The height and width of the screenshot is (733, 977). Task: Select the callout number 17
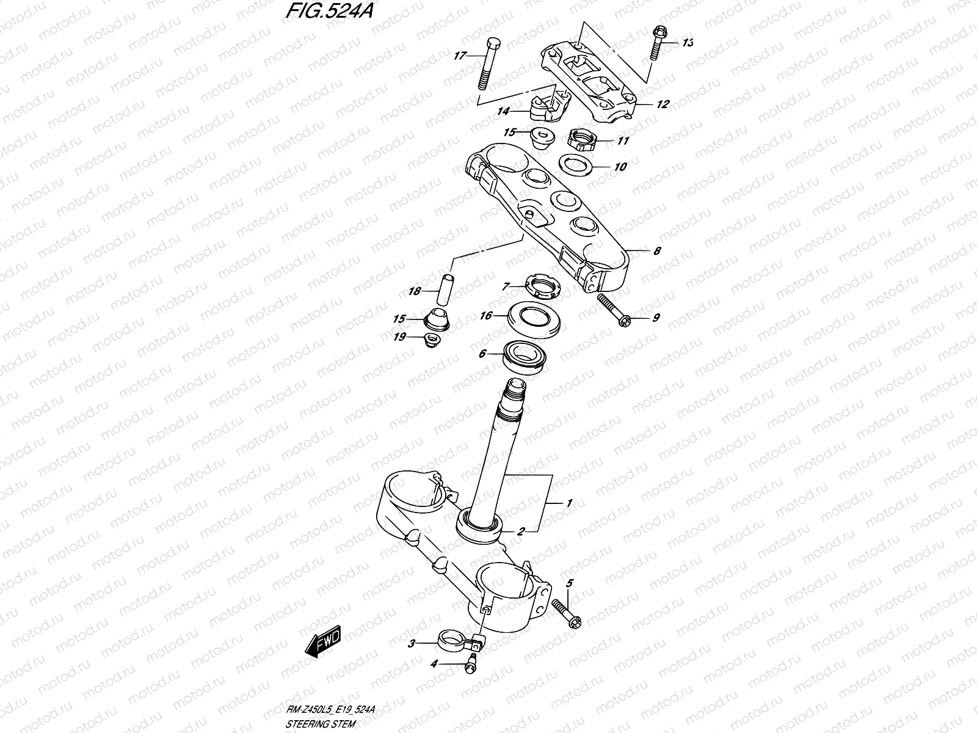point(460,56)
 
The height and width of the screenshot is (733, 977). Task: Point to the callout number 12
point(663,104)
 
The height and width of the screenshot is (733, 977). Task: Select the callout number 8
point(657,251)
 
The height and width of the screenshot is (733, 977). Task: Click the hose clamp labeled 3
point(459,642)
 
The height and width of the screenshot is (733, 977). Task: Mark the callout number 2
point(521,531)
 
